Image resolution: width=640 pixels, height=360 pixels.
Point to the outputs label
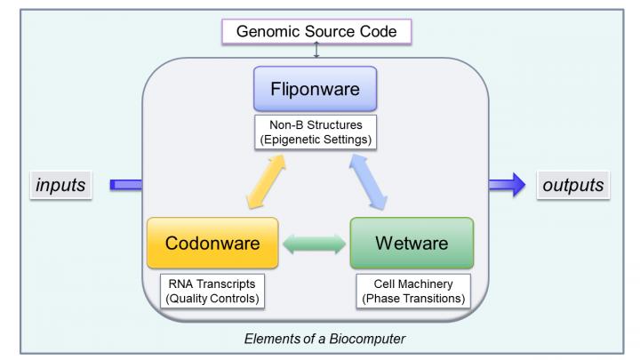click(x=574, y=186)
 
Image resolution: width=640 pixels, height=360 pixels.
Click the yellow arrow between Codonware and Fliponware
click(x=252, y=181)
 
